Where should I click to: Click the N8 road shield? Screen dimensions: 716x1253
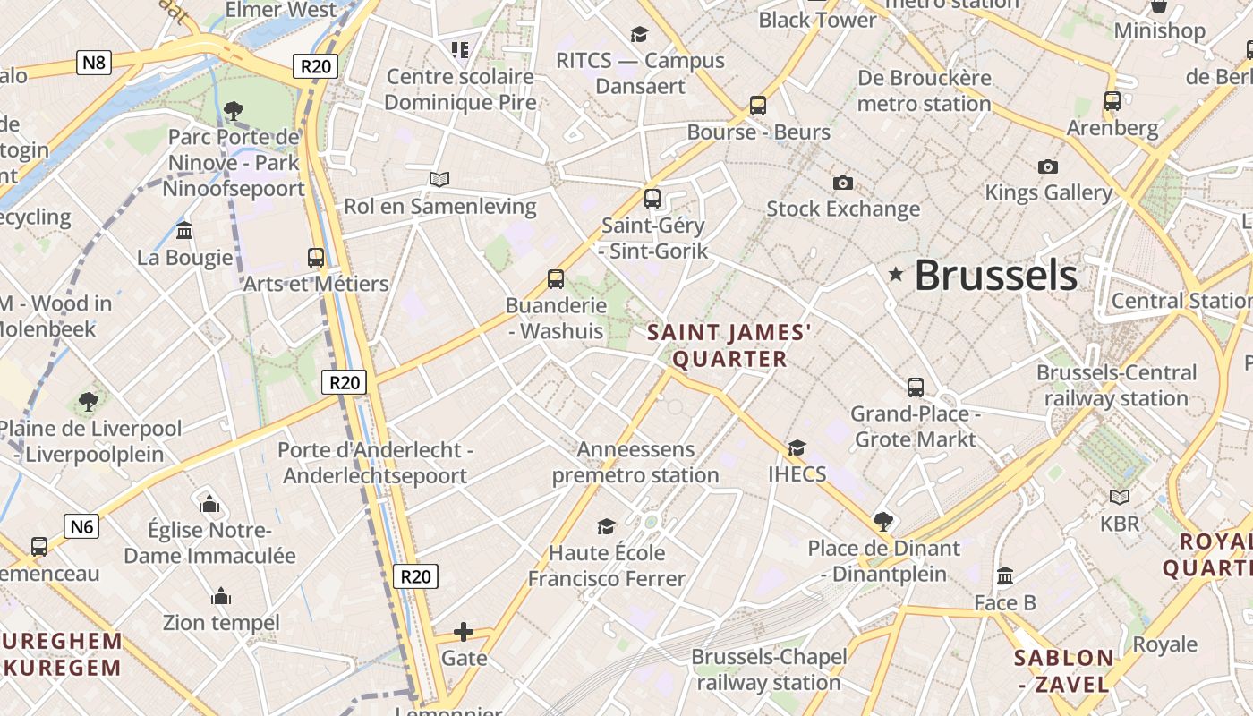pos(94,63)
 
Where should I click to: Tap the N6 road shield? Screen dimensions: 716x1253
pos(81,526)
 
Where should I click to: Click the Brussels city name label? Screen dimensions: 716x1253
pos(995,275)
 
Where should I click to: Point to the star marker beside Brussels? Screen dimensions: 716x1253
pos(895,275)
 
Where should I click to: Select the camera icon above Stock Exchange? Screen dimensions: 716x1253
pos(842,183)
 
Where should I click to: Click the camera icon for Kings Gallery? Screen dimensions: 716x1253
pos(1048,167)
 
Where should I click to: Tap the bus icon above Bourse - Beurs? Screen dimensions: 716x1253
pos(758,106)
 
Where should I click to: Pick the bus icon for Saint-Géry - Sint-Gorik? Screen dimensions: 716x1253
pos(652,199)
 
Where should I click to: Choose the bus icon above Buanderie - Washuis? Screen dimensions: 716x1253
pos(556,279)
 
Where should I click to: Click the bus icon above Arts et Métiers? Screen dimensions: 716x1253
pos(316,258)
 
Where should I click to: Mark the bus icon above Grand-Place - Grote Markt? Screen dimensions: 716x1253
pos(915,388)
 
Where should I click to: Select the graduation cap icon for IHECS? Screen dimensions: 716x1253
pos(797,447)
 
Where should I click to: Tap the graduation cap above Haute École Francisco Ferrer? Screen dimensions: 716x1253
pos(607,526)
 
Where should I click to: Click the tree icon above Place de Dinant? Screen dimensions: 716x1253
pos(882,522)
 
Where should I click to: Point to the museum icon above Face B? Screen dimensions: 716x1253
pos(1005,576)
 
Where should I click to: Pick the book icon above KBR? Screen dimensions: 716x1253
pos(1119,497)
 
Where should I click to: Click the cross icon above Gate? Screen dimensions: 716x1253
pos(464,633)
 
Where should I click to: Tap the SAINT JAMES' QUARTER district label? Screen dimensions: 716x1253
pos(729,345)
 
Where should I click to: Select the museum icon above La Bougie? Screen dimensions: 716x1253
pos(184,231)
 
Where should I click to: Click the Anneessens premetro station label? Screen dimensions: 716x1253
pos(635,462)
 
